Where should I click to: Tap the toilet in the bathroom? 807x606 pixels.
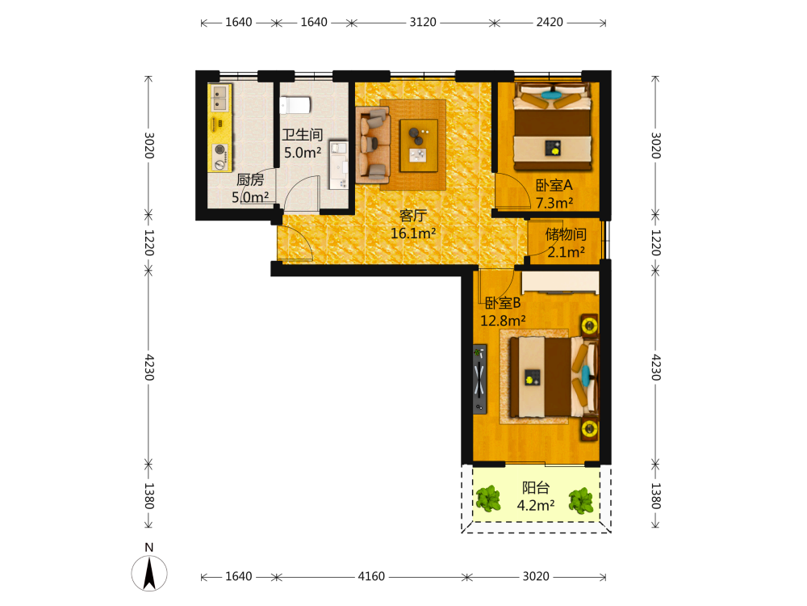pos(295,104)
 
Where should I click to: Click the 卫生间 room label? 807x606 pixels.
pos(303,135)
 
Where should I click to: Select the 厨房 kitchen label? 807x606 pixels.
pos(250,180)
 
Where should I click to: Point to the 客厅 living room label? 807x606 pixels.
pos(413,216)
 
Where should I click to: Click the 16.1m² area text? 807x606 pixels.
pos(413,234)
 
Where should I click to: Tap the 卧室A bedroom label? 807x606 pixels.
pos(554,185)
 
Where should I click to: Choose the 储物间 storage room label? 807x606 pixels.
pos(567,234)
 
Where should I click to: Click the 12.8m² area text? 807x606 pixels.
pos(503,321)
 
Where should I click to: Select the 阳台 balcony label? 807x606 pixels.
pos(536,487)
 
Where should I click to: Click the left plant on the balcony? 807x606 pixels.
pos(488,499)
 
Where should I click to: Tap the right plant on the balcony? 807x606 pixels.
pos(581,500)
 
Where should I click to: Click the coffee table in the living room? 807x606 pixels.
pos(419,145)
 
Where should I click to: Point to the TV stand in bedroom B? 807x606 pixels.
pos(479,379)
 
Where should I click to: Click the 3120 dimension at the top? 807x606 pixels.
pos(423,22)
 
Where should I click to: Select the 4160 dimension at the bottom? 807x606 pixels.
pos(371,576)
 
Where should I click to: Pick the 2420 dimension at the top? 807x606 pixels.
pos(550,22)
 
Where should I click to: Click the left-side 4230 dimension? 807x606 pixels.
pos(148,367)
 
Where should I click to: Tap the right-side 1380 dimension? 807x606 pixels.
pos(655,496)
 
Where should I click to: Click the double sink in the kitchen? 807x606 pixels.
pos(220,98)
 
